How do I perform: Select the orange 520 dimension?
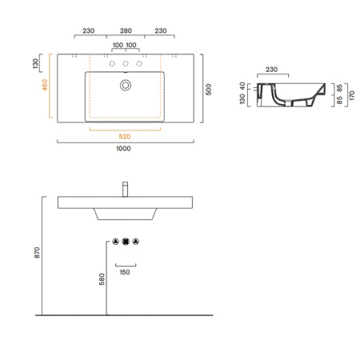coord(125,135)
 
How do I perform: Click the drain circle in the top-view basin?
coord(125,83)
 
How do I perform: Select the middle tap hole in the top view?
coord(125,63)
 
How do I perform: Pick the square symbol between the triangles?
coord(125,241)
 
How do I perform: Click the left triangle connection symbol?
coord(115,241)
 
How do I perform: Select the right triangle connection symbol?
coord(135,241)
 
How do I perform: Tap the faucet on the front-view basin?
coord(125,189)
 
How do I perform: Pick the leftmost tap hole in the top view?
coord(112,63)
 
